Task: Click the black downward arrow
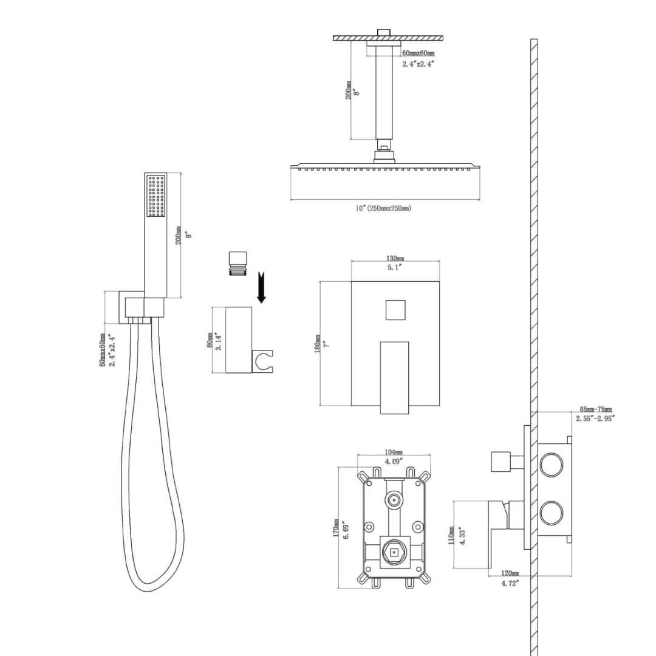(x=262, y=289)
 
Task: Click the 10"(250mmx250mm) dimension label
(x=383, y=208)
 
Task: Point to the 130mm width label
(x=395, y=259)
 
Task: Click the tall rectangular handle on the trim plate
(x=394, y=377)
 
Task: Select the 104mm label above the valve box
(x=394, y=453)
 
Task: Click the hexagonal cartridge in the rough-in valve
(x=394, y=552)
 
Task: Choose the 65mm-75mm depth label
(x=596, y=409)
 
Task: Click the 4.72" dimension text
(x=510, y=583)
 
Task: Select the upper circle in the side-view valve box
(x=552, y=464)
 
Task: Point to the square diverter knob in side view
(x=500, y=461)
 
